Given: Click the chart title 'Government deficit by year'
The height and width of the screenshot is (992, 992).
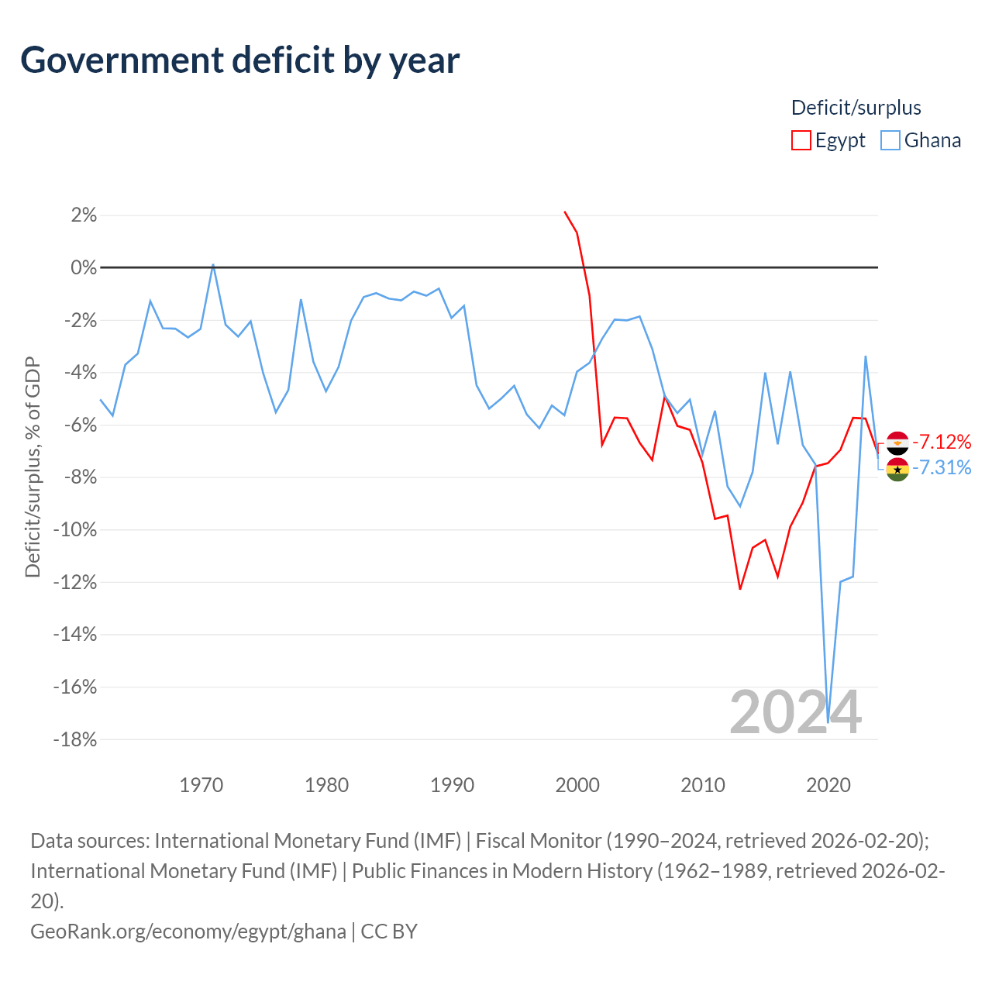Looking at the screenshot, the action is [x=239, y=60].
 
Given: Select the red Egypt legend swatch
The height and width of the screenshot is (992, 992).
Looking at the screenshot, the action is [x=801, y=140].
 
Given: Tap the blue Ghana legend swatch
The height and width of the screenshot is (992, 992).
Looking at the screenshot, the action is [x=890, y=140].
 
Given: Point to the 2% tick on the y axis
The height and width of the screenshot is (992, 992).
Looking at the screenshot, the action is [x=84, y=215].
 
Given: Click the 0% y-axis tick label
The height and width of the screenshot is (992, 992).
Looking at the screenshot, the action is [x=84, y=267].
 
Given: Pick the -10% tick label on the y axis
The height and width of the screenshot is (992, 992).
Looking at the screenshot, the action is [x=75, y=530].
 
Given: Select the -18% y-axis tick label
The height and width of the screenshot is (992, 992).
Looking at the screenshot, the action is [x=75, y=740].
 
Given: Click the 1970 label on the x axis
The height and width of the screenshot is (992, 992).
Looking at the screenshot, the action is [x=201, y=786].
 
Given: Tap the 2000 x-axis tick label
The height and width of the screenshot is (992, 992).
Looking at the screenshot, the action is [x=577, y=786].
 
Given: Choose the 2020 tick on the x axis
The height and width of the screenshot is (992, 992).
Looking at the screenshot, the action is [x=828, y=786].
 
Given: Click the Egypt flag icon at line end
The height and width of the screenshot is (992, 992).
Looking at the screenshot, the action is [x=897, y=443].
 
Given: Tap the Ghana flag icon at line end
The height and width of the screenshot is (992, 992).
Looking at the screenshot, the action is [x=897, y=469].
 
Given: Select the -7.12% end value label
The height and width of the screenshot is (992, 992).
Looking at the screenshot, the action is [x=941, y=442].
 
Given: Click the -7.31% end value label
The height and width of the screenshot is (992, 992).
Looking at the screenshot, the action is [x=941, y=467].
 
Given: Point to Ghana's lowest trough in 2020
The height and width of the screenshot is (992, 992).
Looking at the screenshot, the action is [x=828, y=722].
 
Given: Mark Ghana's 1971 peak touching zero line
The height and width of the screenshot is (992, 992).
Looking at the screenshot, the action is [x=213, y=265].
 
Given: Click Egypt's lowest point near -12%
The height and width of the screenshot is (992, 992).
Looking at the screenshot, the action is [x=740, y=588].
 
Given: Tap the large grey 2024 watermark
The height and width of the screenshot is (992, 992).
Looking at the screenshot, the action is [x=795, y=712].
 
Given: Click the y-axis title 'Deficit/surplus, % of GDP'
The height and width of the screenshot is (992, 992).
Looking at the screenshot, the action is [x=33, y=467].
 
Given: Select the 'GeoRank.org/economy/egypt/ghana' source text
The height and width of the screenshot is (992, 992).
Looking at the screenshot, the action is [x=188, y=932].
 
